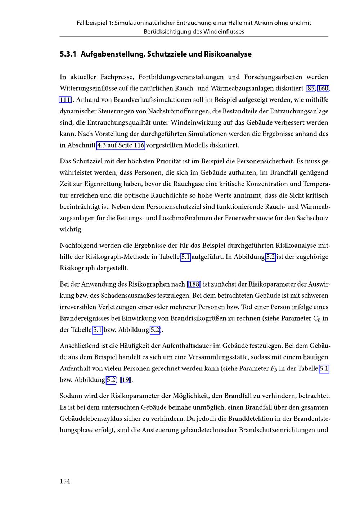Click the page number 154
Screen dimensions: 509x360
tap(65, 481)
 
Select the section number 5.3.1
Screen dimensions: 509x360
tap(68, 54)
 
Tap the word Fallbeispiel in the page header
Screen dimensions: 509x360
tap(92, 23)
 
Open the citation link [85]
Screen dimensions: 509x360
tap(310, 89)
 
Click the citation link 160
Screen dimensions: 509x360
tap(323, 89)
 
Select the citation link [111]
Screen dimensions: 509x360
tap(65, 100)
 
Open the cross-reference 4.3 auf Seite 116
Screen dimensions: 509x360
tap(121, 145)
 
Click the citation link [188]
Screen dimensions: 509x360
tap(194, 284)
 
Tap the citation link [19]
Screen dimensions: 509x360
tap(126, 380)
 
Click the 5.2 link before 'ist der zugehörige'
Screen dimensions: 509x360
tap(270, 257)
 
